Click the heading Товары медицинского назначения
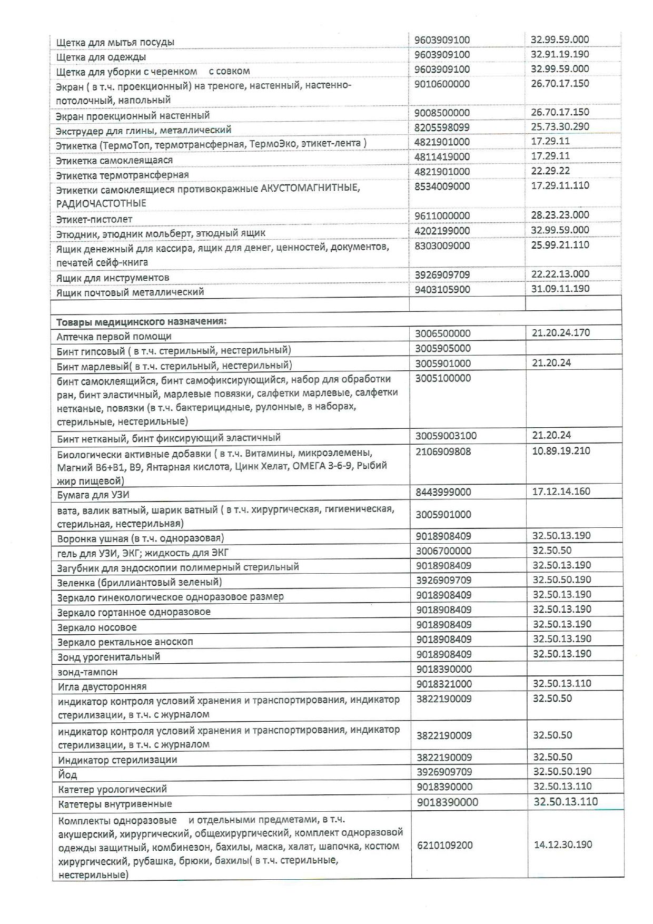tap(141, 321)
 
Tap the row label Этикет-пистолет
tap(94, 219)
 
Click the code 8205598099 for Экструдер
tap(442, 127)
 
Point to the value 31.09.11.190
tap(560, 289)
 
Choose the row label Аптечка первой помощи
tap(114, 336)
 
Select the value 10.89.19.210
tap(561, 451)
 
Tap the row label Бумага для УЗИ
tap(93, 494)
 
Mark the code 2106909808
tap(443, 451)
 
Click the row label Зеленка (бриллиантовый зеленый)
tap(140, 582)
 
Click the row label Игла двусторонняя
tap(102, 686)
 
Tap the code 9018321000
tap(443, 684)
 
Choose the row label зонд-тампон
tap(87, 672)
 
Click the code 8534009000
tap(442, 186)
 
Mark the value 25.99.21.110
tap(560, 245)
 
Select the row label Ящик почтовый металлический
tap(130, 292)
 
